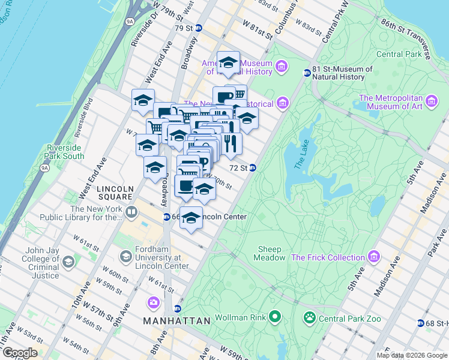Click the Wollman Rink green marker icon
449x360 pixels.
tap(276, 315)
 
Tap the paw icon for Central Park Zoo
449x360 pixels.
tap(310, 317)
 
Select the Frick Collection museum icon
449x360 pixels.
tap(375, 257)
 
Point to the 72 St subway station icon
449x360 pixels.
tap(253, 168)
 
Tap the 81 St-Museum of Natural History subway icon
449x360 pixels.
tap(307, 73)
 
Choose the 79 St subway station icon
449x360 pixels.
tap(198, 28)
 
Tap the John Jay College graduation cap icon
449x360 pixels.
tap(68, 262)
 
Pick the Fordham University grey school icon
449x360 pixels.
tap(125, 257)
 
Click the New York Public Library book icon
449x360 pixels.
tap(131, 212)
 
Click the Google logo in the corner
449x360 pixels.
tap(20, 353)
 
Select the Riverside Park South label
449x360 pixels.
tap(64, 152)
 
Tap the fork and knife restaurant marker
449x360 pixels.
tap(229, 143)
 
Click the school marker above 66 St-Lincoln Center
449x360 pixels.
tap(191, 217)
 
